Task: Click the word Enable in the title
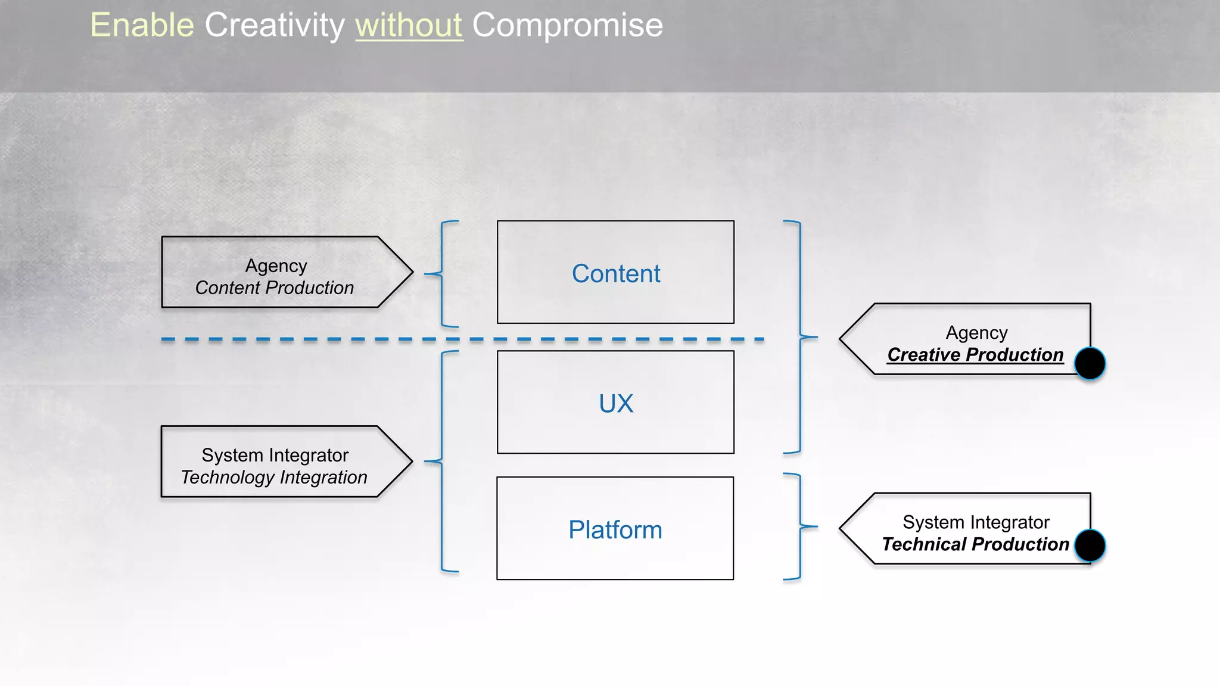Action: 142,26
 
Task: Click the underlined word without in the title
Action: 409,26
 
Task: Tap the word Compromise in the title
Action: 567,26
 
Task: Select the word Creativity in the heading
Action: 275,26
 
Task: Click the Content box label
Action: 615,274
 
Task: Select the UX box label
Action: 615,404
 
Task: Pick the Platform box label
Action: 615,530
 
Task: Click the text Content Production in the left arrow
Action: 274,288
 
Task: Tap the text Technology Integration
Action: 274,478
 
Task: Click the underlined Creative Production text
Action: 975,355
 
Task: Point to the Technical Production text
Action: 975,544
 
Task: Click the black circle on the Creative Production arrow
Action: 1090,364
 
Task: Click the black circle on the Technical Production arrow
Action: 1090,546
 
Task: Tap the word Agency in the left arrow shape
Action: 276,266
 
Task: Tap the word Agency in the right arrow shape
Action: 976,333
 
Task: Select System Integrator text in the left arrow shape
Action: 275,456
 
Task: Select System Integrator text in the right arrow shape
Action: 976,522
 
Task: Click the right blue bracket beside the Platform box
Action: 799,526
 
